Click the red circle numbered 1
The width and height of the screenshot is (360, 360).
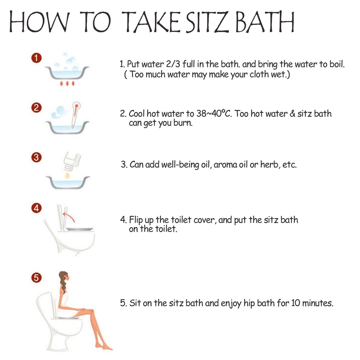tap(36, 58)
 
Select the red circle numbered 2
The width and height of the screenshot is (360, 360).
tap(36, 108)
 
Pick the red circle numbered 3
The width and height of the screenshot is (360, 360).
tap(36, 157)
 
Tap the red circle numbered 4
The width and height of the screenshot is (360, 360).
tap(36, 208)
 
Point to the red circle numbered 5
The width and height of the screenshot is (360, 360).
tap(36, 278)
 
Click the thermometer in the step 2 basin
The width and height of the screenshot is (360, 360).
tap(75, 115)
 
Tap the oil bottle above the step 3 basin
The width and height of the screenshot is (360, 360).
tap(72, 160)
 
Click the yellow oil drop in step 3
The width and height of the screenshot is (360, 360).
tap(67, 175)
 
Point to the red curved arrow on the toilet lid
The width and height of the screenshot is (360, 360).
tap(69, 217)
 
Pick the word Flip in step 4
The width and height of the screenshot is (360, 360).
tap(136, 220)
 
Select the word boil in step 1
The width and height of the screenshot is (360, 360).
tap(337, 64)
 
